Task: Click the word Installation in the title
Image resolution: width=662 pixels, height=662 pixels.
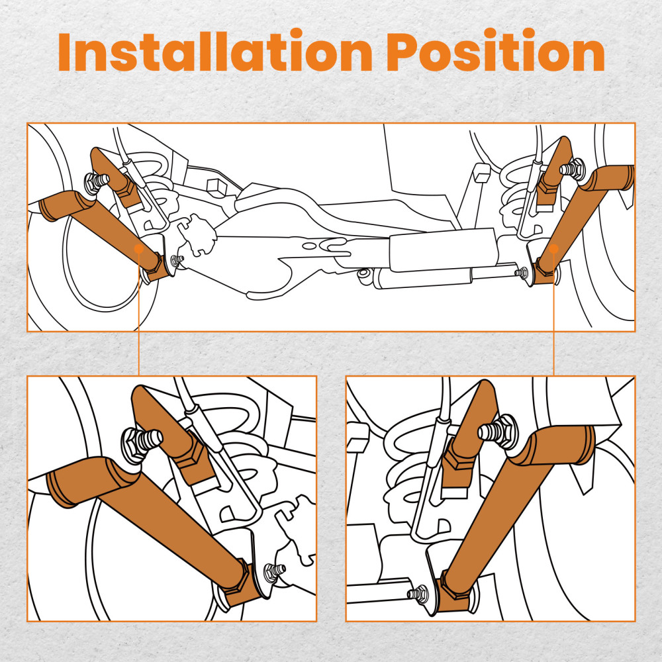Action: coord(215,52)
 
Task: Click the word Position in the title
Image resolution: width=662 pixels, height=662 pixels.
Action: coord(496,52)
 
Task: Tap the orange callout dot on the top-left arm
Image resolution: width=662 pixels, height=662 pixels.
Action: coord(139,249)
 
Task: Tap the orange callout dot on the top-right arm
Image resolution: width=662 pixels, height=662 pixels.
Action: coord(553,249)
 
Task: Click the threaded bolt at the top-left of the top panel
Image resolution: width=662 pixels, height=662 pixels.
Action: coord(96,181)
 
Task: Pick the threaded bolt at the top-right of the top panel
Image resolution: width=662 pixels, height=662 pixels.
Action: coord(572,168)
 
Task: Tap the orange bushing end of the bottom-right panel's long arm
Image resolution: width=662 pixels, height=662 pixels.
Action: coord(581,444)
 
